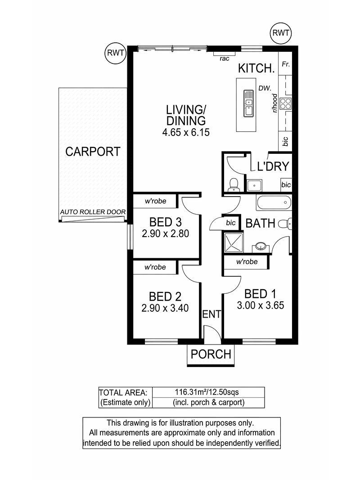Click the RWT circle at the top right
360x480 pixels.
[x=280, y=33]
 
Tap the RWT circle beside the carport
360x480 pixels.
[x=115, y=53]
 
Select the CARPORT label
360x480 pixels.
[x=93, y=152]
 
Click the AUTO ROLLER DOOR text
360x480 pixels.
[x=93, y=212]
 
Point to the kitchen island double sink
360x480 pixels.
[x=248, y=103]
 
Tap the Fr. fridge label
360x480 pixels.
[x=286, y=64]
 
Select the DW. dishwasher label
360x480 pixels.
[x=265, y=88]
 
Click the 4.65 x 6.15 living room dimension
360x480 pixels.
[x=186, y=132]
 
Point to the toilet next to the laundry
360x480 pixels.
[x=234, y=184]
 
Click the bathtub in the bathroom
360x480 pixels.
[x=273, y=202]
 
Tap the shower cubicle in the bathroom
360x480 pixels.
[x=234, y=242]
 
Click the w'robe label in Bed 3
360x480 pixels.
[x=156, y=201]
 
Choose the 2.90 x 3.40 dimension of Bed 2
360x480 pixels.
[x=165, y=308]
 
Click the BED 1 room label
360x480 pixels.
[x=260, y=294]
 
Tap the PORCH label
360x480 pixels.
[x=211, y=354]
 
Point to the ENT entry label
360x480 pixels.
[x=211, y=314]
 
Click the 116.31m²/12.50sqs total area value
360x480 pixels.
[x=207, y=392]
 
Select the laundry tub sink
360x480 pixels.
[x=254, y=185]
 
